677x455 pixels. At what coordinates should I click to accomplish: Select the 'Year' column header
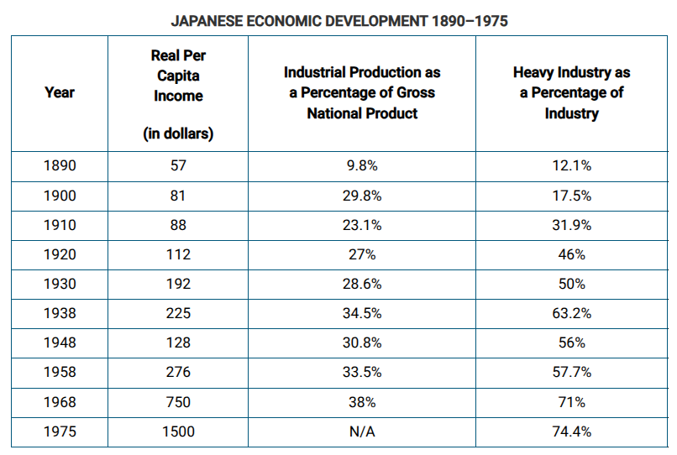(x=59, y=92)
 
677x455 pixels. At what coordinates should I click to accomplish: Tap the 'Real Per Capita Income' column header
(x=178, y=76)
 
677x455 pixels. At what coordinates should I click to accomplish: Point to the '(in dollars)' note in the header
(x=178, y=133)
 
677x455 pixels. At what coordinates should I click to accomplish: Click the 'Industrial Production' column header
(x=362, y=92)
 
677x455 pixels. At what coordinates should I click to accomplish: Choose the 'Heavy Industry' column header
(x=571, y=92)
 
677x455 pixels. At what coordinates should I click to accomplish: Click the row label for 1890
(x=59, y=165)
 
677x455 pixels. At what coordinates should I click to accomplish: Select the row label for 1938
(x=59, y=313)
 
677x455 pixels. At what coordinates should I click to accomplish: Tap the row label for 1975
(x=59, y=431)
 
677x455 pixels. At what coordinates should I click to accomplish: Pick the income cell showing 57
(x=178, y=165)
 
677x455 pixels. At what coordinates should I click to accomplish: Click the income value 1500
(x=178, y=431)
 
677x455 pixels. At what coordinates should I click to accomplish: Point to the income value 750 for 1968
(x=178, y=402)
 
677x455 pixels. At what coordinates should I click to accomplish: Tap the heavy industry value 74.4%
(x=571, y=431)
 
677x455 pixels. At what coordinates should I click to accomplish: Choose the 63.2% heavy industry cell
(x=571, y=313)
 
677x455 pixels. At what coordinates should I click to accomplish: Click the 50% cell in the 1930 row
(x=571, y=284)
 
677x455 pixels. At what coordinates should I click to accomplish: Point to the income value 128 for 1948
(x=178, y=343)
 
